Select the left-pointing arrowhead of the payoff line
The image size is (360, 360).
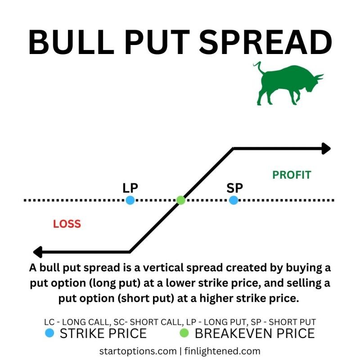tap(38, 252)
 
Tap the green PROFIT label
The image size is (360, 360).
tap(292, 175)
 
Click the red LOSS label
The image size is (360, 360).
tap(67, 224)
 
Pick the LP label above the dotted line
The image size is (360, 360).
tap(130, 188)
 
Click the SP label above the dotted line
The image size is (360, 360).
tap(234, 188)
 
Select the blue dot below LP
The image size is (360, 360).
tap(130, 200)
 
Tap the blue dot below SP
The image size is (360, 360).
tap(233, 200)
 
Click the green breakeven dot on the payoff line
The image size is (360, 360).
tap(180, 200)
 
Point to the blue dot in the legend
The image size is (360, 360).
tap(50, 333)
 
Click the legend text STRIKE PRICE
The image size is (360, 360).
tap(103, 333)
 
